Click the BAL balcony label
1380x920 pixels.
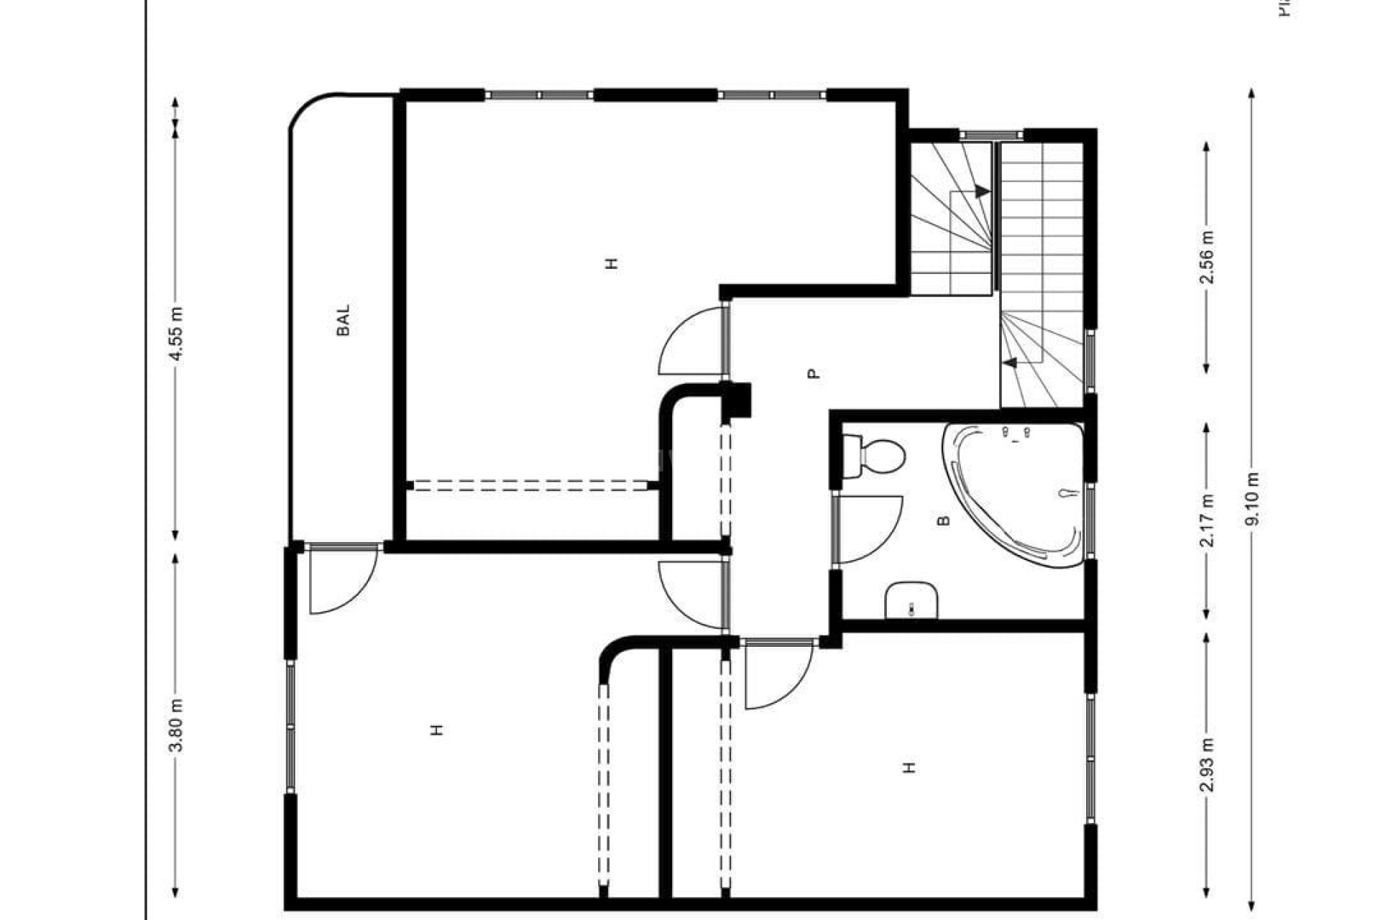(344, 320)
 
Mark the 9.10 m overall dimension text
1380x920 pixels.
(1253, 498)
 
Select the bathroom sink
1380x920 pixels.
(912, 600)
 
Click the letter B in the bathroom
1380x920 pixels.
(944, 520)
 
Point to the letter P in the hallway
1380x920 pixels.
(813, 374)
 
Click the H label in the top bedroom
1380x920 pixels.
(612, 263)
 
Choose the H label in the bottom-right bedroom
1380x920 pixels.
(909, 768)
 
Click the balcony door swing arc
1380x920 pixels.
(341, 582)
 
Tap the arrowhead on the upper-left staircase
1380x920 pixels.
(981, 192)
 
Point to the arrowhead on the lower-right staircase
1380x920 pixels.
(1011, 363)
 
